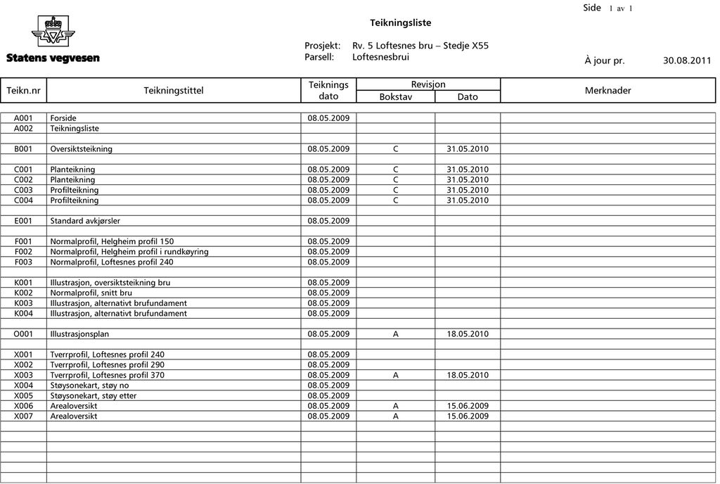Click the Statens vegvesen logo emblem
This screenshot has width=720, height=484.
[x=53, y=32]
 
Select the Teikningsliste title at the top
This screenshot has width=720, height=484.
[x=401, y=23]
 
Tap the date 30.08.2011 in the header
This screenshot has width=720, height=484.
[x=687, y=60]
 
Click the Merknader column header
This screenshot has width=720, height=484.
[x=607, y=90]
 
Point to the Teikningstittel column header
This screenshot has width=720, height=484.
[x=174, y=90]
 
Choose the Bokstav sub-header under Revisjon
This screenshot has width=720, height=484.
[x=396, y=96]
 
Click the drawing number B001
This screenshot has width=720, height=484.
[x=23, y=149]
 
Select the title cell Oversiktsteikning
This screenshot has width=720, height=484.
[x=81, y=149]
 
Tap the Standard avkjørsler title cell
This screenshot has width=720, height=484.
[x=85, y=221]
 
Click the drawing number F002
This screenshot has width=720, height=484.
[x=23, y=252]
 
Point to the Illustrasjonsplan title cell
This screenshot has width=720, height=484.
[x=79, y=334]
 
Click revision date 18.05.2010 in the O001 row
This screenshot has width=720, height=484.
[x=468, y=334]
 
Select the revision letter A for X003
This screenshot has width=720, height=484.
[x=396, y=375]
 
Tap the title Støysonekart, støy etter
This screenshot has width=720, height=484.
[x=93, y=395]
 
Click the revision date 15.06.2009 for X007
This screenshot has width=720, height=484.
[x=468, y=416]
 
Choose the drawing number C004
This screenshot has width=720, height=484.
[x=23, y=200]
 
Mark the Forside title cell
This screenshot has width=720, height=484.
[x=63, y=118]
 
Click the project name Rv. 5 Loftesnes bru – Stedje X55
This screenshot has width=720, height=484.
[x=420, y=46]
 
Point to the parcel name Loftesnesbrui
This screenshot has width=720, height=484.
[x=380, y=57]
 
